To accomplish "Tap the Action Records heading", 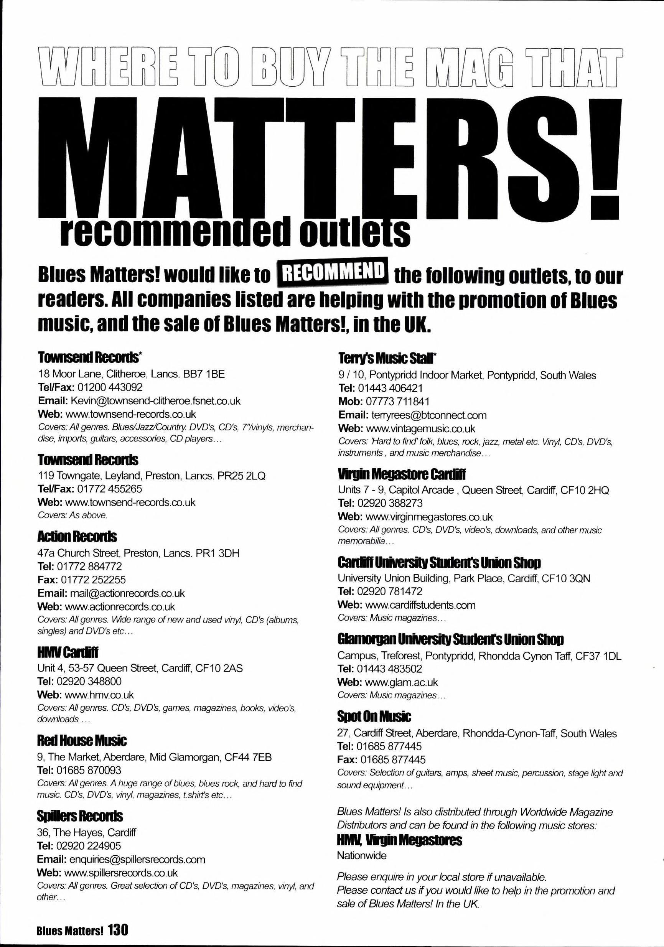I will click(77, 537).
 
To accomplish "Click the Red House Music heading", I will click(82, 741).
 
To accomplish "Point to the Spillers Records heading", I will click(80, 816).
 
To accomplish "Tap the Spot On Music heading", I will click(374, 717).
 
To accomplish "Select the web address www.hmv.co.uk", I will click(99, 695).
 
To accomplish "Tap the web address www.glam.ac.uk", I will click(402, 682).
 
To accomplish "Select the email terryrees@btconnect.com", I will click(428, 415).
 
